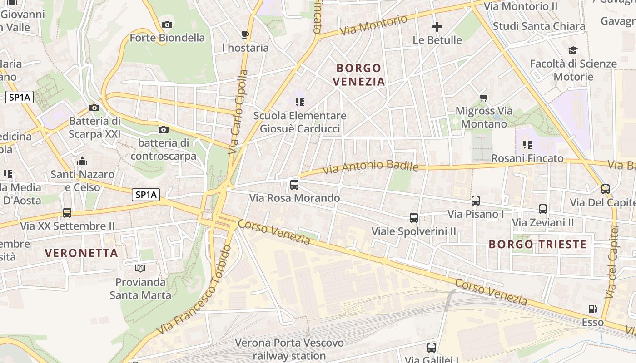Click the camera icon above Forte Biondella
[x=167, y=25]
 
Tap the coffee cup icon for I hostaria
[x=245, y=34]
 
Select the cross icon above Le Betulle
[x=437, y=27]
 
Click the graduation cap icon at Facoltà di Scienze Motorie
[x=573, y=50]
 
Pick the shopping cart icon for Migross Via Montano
[x=484, y=98]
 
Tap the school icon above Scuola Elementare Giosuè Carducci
[x=299, y=102]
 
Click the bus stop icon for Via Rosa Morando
[x=294, y=185]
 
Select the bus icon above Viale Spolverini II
[x=414, y=217]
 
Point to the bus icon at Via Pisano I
[x=476, y=200]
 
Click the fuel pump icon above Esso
[x=593, y=309]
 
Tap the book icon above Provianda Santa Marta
[x=140, y=268]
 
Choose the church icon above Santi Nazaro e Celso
[x=82, y=161]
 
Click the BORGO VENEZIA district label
[x=359, y=75]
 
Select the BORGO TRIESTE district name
[x=537, y=245]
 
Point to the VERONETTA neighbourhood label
[x=82, y=253]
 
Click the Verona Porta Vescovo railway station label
[x=289, y=349]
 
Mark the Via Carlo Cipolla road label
[x=238, y=111]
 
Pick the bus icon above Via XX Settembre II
[x=67, y=212]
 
